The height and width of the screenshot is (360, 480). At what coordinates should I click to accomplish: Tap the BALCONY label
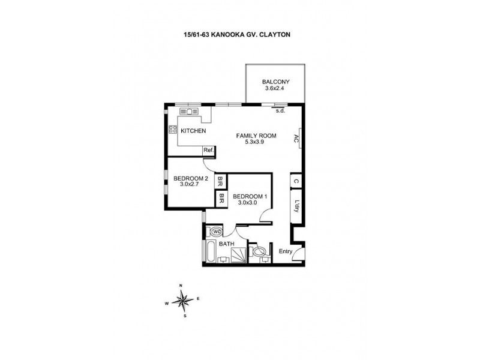pyautogui.click(x=276, y=82)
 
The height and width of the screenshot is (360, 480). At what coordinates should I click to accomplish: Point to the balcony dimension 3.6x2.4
pyautogui.click(x=276, y=89)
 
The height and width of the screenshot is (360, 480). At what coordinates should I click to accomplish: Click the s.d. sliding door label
pyautogui.click(x=280, y=111)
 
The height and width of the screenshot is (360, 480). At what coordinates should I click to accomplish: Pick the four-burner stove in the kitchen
pyautogui.click(x=173, y=128)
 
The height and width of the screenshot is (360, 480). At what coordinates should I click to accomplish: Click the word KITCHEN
pyautogui.click(x=193, y=131)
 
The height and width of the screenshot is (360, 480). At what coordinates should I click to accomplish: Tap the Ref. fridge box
pyautogui.click(x=208, y=150)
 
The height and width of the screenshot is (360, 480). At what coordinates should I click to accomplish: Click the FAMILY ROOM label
pyautogui.click(x=256, y=136)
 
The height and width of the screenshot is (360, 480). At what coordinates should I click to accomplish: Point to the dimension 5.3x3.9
pyautogui.click(x=256, y=142)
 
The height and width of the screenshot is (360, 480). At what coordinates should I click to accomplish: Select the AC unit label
pyautogui.click(x=296, y=139)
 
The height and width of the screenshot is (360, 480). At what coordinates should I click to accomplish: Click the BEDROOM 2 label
pyautogui.click(x=191, y=178)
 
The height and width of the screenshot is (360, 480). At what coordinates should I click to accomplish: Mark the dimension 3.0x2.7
pyautogui.click(x=190, y=185)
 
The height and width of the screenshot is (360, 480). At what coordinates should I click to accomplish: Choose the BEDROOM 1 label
pyautogui.click(x=249, y=196)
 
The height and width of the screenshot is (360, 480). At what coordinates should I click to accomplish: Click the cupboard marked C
pyautogui.click(x=296, y=181)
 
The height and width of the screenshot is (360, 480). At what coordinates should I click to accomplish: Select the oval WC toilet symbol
pyautogui.click(x=215, y=231)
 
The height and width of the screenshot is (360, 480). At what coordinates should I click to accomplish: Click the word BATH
pyautogui.click(x=226, y=244)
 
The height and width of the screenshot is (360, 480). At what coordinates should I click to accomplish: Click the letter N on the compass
pyautogui.click(x=180, y=285)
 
